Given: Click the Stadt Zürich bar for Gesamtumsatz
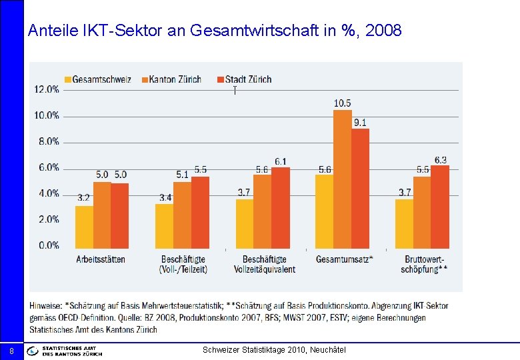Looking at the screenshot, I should click(360, 189).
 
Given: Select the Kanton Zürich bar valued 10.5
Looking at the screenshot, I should click(342, 179).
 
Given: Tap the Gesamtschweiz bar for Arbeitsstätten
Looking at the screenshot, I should click(84, 227).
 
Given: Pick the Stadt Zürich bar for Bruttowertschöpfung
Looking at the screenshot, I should click(440, 207).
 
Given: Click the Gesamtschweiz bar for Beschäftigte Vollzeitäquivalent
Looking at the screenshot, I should click(244, 223).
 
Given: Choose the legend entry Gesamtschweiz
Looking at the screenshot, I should click(97, 79).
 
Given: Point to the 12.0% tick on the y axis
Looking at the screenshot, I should click(47, 89).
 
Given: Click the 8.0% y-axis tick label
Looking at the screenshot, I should click(47, 141).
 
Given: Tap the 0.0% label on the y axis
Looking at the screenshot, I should click(47, 245).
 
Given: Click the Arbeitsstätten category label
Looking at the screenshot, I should click(101, 259).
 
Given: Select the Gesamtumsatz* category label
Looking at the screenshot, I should click(344, 259).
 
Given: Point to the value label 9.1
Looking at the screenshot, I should click(360, 122).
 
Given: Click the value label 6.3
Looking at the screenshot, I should click(440, 160).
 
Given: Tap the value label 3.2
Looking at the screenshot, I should click(84, 198).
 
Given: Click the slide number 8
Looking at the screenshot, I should click(11, 351).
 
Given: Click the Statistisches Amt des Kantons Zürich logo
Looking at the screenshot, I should click(65, 351).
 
